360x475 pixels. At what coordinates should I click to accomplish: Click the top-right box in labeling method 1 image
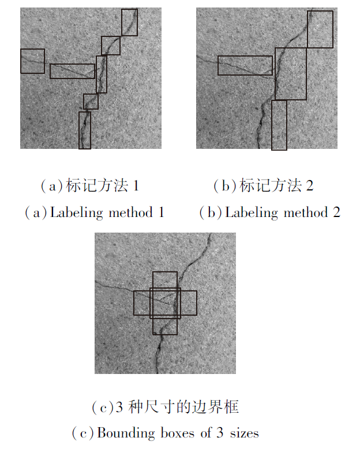point(122,23)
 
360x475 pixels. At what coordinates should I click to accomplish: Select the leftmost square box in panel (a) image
point(21,61)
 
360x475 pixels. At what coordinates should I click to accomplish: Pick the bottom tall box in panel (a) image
point(80,130)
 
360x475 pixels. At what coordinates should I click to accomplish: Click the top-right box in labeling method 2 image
point(307,29)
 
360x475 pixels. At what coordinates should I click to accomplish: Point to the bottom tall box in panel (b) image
point(272,125)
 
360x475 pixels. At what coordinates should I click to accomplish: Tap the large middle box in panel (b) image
point(276,74)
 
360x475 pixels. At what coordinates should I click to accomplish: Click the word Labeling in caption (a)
point(77,213)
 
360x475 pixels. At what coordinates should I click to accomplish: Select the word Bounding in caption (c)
point(126,433)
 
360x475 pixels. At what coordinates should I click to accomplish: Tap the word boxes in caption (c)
point(178,433)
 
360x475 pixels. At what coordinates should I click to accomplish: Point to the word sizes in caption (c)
point(245,433)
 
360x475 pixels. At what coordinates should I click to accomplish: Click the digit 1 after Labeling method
point(162,212)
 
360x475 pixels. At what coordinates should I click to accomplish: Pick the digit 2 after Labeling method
point(336,212)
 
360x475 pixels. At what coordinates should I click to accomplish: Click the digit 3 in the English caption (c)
point(220,433)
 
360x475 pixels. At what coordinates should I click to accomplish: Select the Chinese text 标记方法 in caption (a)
point(96,185)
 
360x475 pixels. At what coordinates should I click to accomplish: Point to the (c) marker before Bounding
point(83,433)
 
